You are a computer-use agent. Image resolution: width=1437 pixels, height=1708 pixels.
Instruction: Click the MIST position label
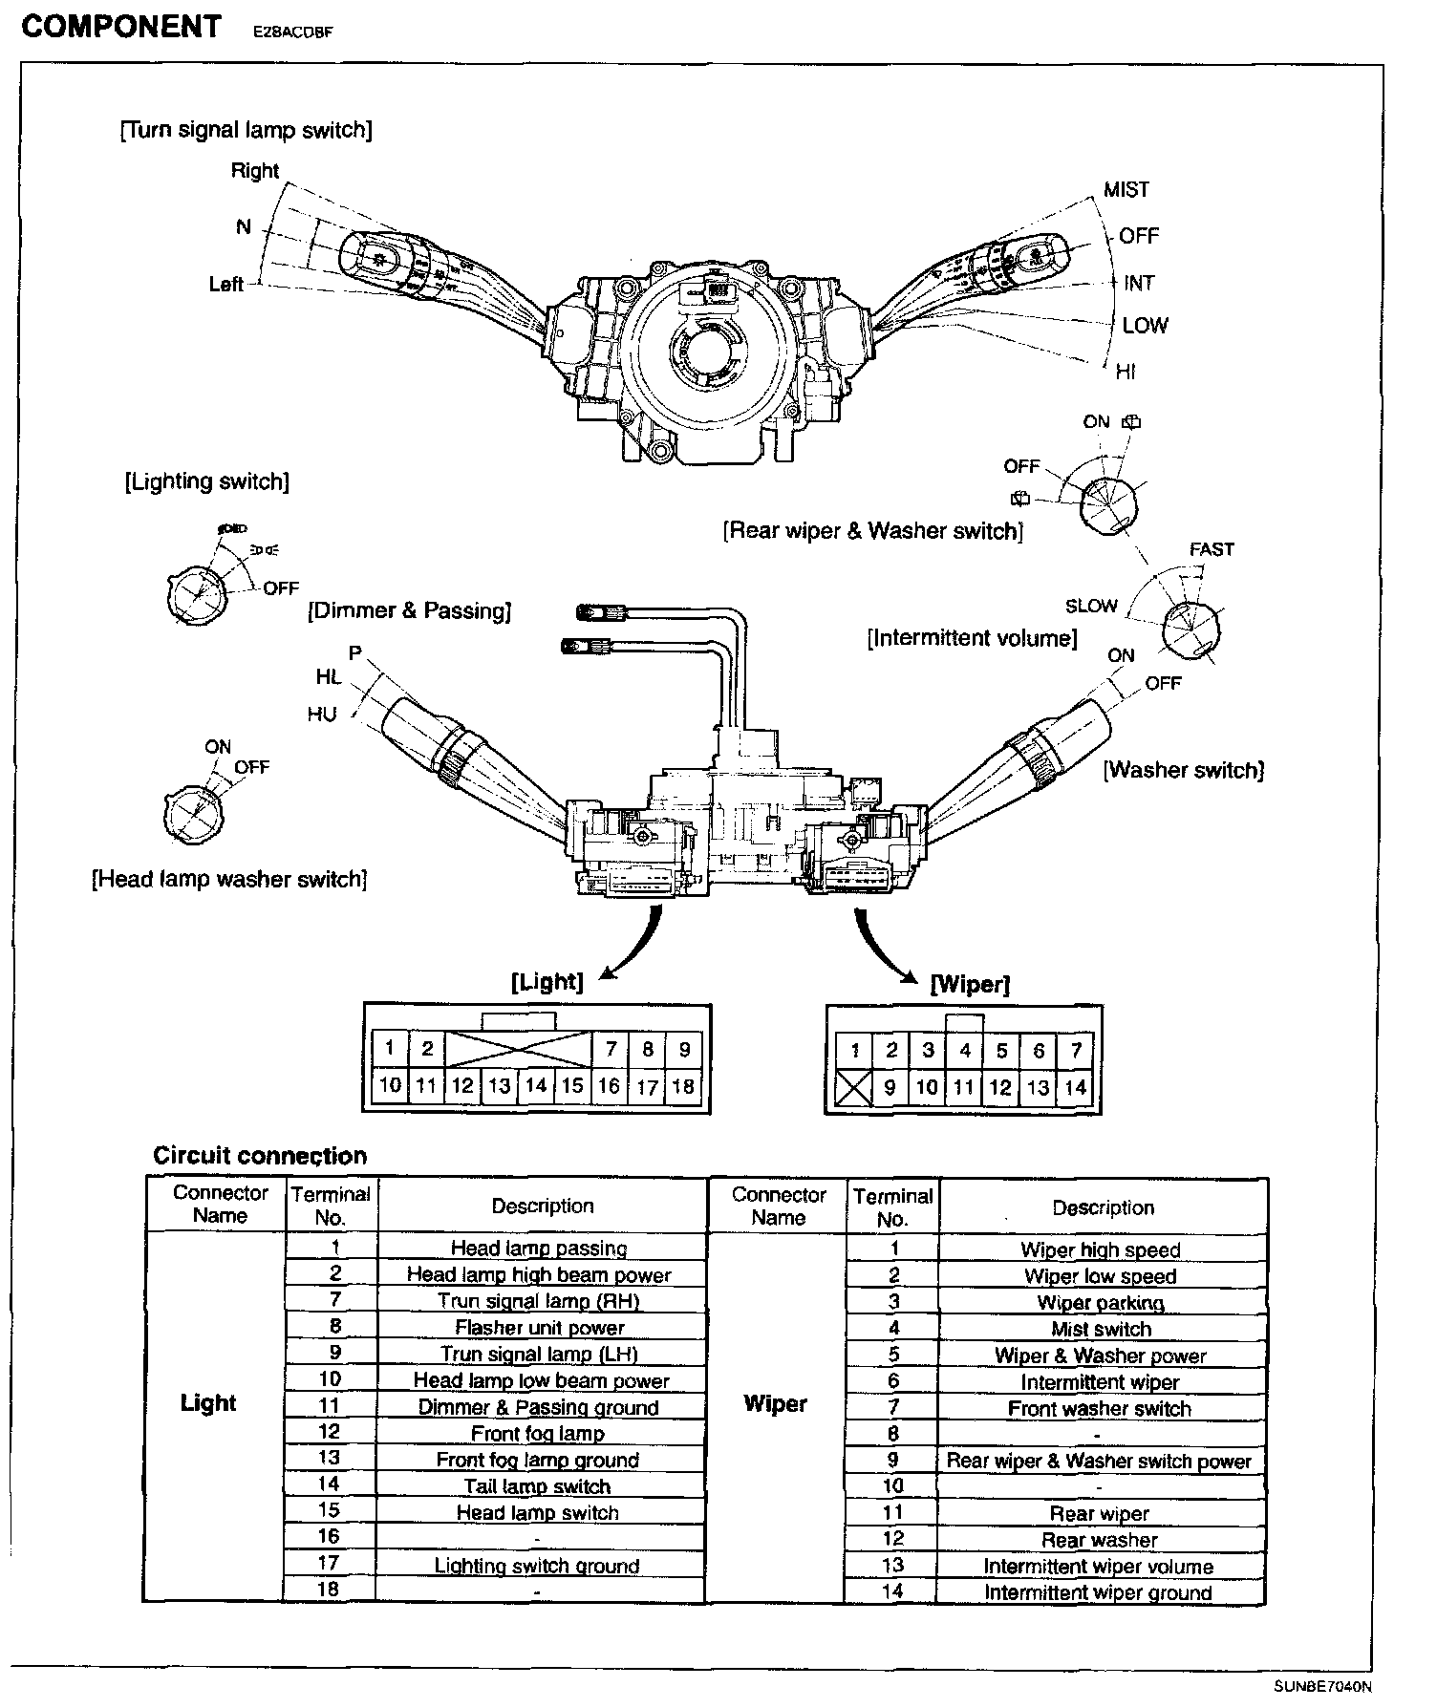coord(1126,189)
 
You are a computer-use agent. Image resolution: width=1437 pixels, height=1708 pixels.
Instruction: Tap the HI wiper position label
coord(1126,372)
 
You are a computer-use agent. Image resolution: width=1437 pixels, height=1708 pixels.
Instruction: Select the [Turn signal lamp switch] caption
coord(247,130)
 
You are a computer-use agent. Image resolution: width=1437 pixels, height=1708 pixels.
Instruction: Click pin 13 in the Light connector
coord(499,1086)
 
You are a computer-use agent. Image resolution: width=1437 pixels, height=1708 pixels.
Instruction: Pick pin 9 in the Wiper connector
coord(890,1087)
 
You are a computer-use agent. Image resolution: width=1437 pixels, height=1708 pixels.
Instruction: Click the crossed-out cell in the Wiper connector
coord(854,1087)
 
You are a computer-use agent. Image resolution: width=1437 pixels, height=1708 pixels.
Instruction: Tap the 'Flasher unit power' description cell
coord(540,1328)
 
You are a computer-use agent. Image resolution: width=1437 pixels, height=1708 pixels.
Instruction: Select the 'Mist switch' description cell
coord(1101,1329)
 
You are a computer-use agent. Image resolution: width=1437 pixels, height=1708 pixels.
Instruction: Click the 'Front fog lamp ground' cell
coord(537,1460)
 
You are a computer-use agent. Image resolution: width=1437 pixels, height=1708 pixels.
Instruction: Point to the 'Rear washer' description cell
coord(1099,1540)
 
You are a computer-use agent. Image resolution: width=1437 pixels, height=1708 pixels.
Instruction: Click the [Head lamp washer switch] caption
coord(229,879)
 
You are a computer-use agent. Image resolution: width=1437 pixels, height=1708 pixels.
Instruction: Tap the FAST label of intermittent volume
coord(1212,549)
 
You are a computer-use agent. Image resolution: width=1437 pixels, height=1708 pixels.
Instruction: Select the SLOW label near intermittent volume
coord(1091,606)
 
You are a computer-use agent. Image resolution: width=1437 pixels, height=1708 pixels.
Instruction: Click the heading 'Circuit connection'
coord(260,1156)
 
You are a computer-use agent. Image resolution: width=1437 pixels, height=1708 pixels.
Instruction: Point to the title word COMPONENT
coord(120,27)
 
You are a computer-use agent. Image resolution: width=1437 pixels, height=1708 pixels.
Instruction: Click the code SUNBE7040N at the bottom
coord(1322,1686)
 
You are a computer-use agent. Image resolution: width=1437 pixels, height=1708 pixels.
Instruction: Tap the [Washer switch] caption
coord(1184,770)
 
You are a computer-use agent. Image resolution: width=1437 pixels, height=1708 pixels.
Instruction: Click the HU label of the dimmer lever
coord(322,714)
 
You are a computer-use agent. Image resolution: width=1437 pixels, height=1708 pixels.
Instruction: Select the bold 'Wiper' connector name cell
coord(775,1404)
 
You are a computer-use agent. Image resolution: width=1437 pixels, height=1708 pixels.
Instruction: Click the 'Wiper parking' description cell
coord(1101,1303)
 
